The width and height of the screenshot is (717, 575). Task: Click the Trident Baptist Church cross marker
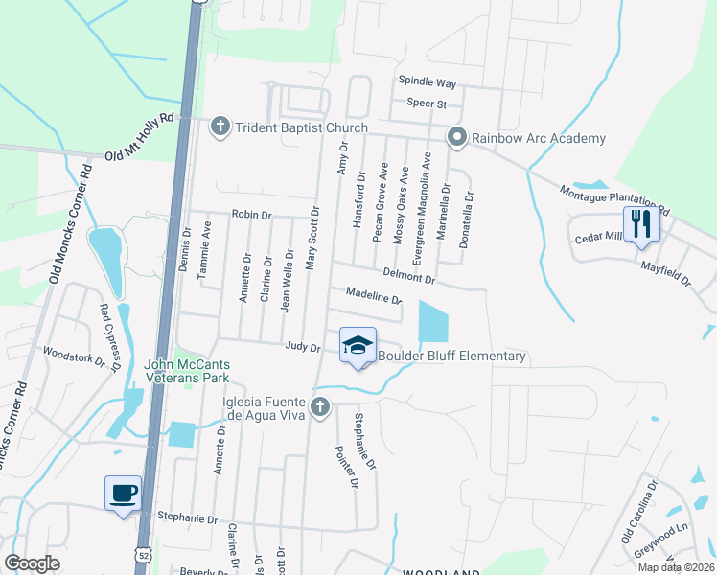[x=220, y=126]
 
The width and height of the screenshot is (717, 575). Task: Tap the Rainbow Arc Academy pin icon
[x=457, y=138]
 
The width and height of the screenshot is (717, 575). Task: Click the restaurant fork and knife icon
[x=638, y=225]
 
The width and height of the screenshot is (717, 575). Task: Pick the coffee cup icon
[x=123, y=494]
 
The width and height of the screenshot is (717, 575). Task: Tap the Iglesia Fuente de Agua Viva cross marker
[x=321, y=408]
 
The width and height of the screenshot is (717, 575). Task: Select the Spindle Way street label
[x=427, y=83]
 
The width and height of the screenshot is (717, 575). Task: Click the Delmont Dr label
[x=408, y=278]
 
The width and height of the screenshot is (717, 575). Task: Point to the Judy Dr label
[x=302, y=347]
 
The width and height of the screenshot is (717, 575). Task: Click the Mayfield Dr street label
[x=665, y=272]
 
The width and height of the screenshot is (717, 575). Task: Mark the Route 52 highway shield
[x=143, y=555]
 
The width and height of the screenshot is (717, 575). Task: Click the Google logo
[x=33, y=563]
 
